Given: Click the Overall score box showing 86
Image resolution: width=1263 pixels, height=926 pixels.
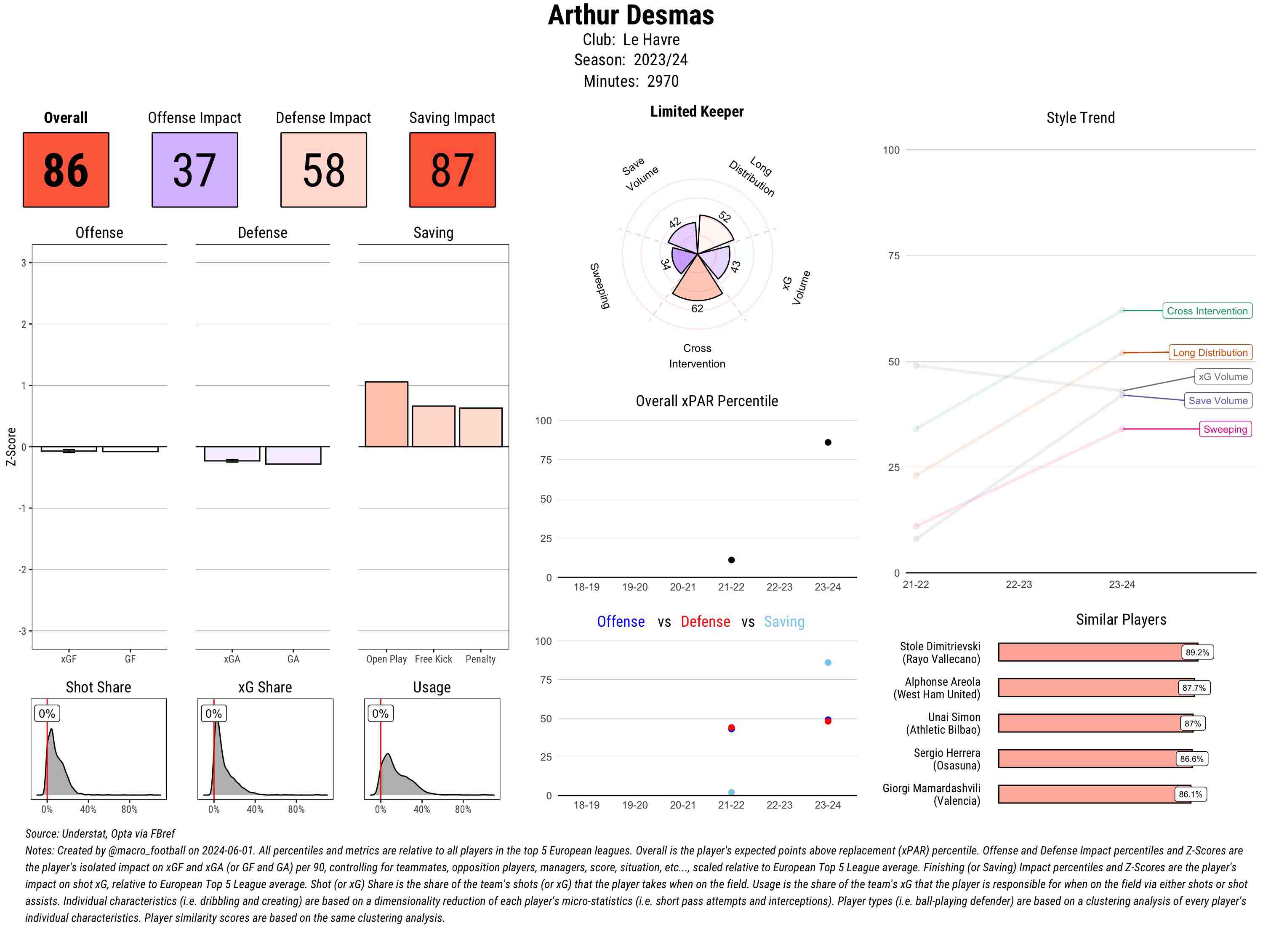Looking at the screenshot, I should point(66,170).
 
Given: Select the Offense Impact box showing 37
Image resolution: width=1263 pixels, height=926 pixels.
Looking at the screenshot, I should point(195,170).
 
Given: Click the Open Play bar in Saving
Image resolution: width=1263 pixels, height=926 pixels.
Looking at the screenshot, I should point(386,414).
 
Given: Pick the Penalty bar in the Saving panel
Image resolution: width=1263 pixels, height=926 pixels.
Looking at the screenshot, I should point(480,427).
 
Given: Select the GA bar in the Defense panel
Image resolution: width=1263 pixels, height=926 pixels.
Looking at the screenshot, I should point(293,455).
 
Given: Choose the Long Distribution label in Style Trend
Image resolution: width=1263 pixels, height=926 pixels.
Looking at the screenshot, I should point(1210,353).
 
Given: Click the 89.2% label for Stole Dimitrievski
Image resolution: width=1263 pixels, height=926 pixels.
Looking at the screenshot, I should point(1197,652).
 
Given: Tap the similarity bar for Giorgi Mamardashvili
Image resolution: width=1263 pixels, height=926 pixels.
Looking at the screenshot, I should point(1093,794).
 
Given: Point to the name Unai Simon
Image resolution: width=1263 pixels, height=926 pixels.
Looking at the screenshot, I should point(954,718).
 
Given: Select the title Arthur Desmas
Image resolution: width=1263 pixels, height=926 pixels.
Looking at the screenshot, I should point(631,15).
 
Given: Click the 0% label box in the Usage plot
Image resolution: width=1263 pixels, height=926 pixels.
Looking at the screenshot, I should point(380,713).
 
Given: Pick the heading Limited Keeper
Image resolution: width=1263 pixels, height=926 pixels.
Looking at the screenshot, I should point(696,112).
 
